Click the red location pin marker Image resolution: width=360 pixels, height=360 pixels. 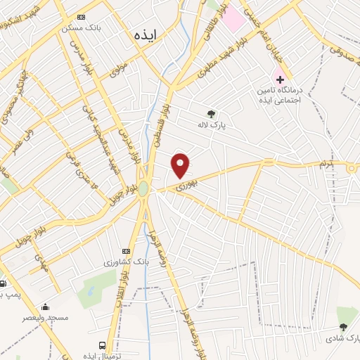181,166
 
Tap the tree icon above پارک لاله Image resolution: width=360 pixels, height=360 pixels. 211,113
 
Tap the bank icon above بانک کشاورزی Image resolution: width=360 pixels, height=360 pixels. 126,251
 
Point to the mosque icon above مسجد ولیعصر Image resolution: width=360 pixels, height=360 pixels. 46,307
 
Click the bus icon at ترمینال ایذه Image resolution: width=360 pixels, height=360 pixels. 103,345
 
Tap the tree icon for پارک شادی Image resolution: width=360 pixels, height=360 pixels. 343,327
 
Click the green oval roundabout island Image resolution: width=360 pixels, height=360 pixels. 144,188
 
